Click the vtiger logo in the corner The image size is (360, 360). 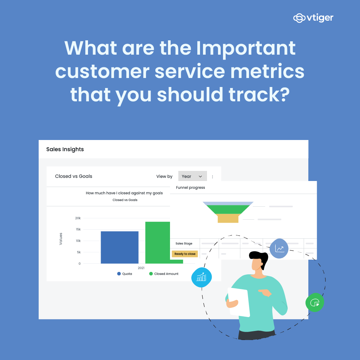point(313,18)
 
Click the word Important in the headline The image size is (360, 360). point(246,48)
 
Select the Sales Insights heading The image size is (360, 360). point(65,149)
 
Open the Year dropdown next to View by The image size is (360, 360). point(192,176)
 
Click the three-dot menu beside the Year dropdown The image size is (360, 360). point(213,177)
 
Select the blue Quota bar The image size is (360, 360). point(119,247)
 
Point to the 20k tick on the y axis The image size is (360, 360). point(78,218)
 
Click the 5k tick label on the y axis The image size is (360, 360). point(78,252)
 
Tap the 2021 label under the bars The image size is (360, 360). point(141,268)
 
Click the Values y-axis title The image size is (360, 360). point(61,239)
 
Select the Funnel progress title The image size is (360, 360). point(190,188)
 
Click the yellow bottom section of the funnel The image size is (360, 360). point(228,218)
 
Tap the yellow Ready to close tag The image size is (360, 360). point(185,254)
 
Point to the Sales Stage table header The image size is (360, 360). point(184,244)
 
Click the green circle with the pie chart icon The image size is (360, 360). point(315,302)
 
